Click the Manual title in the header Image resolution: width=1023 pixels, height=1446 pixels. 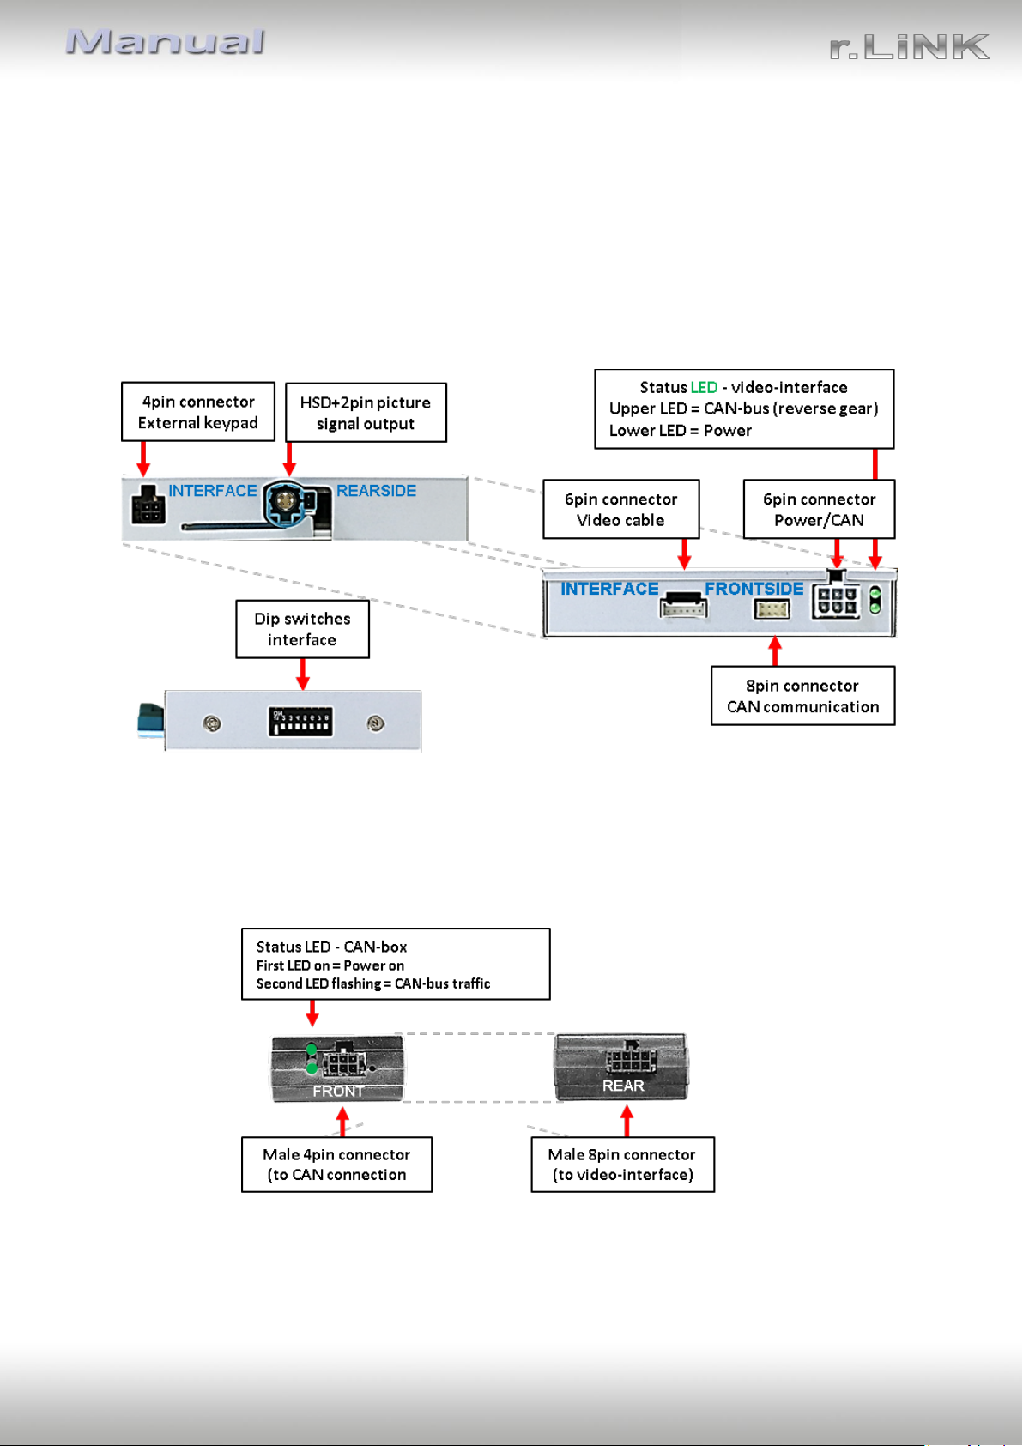coord(166,42)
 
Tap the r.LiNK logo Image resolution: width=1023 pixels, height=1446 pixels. coord(909,47)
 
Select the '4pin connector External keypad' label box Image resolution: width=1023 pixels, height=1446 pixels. coord(198,412)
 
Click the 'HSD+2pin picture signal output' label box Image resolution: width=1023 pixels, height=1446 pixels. coord(366,413)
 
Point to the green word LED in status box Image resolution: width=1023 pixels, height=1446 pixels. coord(704,387)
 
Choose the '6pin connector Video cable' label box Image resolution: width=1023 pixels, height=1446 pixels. coord(620,510)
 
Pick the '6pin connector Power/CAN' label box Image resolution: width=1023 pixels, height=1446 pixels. coord(819,510)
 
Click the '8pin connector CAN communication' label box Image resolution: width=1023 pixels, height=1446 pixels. coord(803,696)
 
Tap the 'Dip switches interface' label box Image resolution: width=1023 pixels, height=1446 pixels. coord(302,629)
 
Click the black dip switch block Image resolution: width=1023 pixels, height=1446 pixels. coord(300,723)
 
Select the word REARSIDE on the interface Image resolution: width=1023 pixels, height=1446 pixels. coord(376,491)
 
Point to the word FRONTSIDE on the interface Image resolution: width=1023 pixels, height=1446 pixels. coord(754,589)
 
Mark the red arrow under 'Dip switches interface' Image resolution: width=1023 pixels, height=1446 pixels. coord(303,674)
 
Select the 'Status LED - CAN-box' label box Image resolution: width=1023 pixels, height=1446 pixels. coord(396,965)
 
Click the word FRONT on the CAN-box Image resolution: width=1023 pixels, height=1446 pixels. coord(338,1091)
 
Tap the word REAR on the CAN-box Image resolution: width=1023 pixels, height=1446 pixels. coord(623,1086)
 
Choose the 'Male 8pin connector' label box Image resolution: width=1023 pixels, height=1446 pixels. coord(623,1165)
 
